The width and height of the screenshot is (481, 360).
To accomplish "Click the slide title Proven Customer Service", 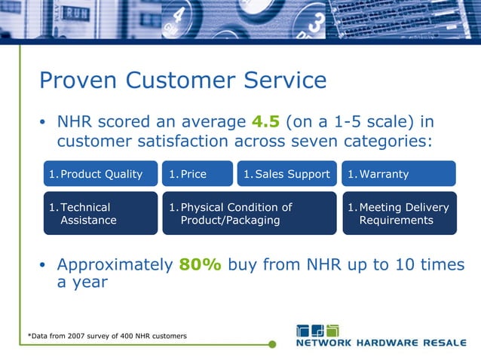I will (x=182, y=81).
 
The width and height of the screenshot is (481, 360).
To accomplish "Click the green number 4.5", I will (x=264, y=122).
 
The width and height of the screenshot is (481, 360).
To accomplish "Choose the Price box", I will (x=198, y=174).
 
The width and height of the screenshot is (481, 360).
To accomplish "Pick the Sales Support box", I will (x=287, y=174).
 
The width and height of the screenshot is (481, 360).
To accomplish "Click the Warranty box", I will (x=399, y=174).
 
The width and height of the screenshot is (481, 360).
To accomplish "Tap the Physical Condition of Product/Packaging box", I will (x=250, y=213).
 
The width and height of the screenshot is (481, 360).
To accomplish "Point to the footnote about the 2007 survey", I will (x=107, y=335).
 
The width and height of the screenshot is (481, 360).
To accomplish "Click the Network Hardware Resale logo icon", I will (x=317, y=331).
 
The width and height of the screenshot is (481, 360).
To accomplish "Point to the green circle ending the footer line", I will (x=272, y=345).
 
